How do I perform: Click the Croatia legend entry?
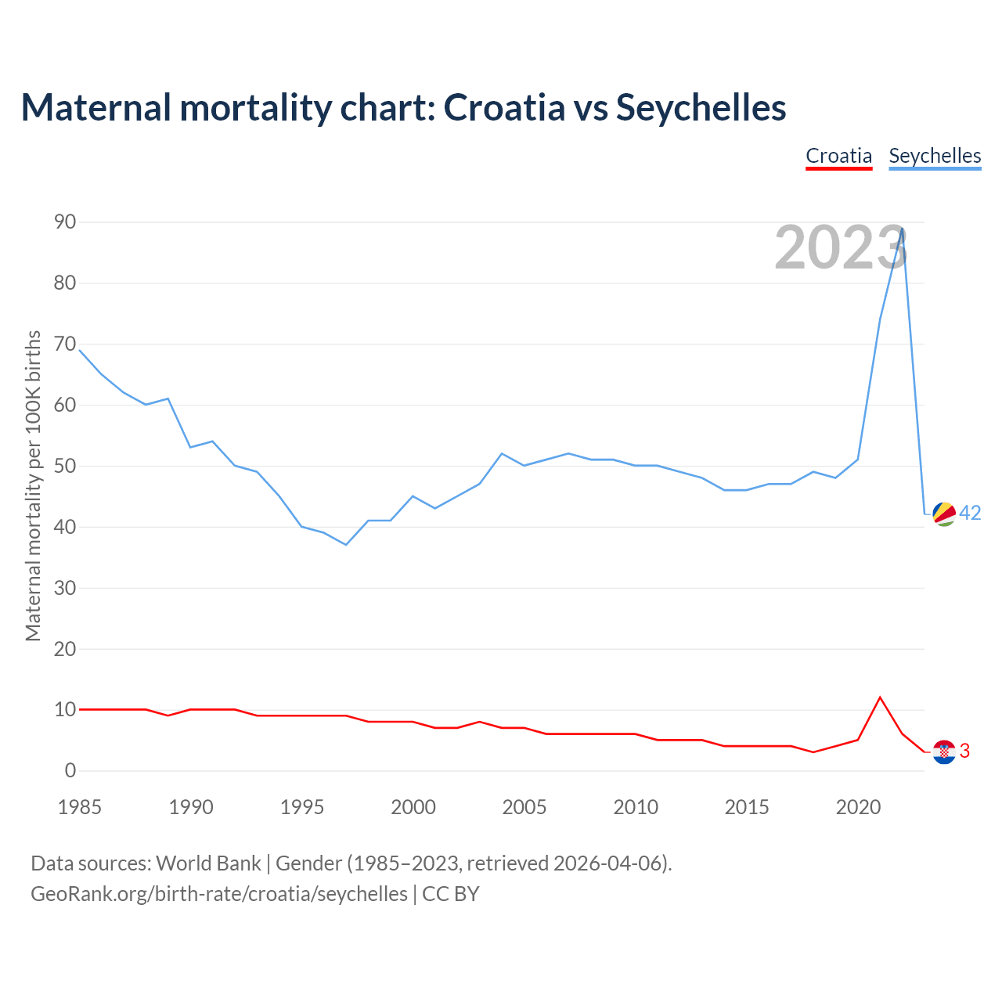(838, 156)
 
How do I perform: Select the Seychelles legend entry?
(935, 156)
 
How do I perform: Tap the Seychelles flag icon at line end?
(945, 514)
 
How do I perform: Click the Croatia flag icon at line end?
(945, 751)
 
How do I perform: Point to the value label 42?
(970, 513)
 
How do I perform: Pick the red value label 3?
(964, 751)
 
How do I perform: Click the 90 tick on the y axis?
(65, 222)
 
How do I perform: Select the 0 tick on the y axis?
(70, 771)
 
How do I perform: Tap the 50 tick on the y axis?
(65, 466)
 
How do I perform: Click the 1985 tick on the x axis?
(80, 807)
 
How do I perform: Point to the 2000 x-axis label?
(413, 807)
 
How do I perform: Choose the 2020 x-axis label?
(858, 807)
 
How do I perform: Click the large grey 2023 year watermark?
(840, 247)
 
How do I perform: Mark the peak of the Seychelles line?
(903, 229)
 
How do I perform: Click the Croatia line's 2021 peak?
(880, 697)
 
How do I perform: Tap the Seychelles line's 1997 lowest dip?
(346, 544)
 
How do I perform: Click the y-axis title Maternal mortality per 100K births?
(33, 485)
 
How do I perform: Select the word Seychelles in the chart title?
(701, 107)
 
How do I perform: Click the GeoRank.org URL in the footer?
(219, 893)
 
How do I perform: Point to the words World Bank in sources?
(208, 863)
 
